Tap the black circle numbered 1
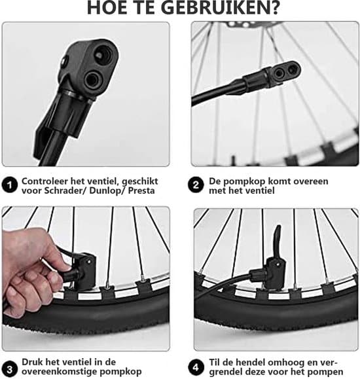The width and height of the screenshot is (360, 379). pyautogui.click(x=10, y=185)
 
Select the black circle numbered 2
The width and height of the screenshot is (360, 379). pyautogui.click(x=196, y=185)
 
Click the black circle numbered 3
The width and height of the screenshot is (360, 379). pyautogui.click(x=10, y=369)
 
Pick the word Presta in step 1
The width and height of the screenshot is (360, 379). pyautogui.click(x=141, y=190)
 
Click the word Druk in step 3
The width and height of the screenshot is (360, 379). pyautogui.click(x=31, y=362)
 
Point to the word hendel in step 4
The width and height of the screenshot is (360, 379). pyautogui.click(x=250, y=363)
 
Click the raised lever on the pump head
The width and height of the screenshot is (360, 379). pyautogui.click(x=278, y=239)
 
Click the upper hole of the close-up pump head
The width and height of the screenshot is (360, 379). pyautogui.click(x=103, y=54)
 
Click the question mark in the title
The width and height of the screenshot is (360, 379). pyautogui.click(x=274, y=8)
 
